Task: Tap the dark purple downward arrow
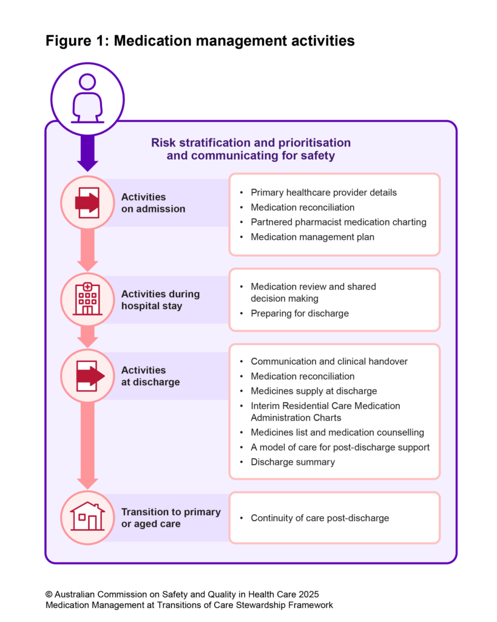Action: (87, 149)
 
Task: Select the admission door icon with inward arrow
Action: (87, 202)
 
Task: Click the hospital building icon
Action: (87, 299)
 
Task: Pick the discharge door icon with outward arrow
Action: (88, 376)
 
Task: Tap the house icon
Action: (87, 517)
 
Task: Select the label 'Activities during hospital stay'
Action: (160, 299)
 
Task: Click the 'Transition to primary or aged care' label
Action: (171, 518)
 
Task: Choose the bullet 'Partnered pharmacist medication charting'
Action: (338, 222)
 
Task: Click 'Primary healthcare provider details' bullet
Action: (323, 193)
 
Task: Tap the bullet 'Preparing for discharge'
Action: (300, 314)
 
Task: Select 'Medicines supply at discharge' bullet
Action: (314, 391)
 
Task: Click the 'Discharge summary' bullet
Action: (292, 462)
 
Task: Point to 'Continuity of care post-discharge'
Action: (319, 518)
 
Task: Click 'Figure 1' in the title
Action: (75, 41)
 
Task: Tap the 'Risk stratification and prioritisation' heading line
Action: (251, 143)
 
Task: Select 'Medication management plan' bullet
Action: (313, 237)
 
